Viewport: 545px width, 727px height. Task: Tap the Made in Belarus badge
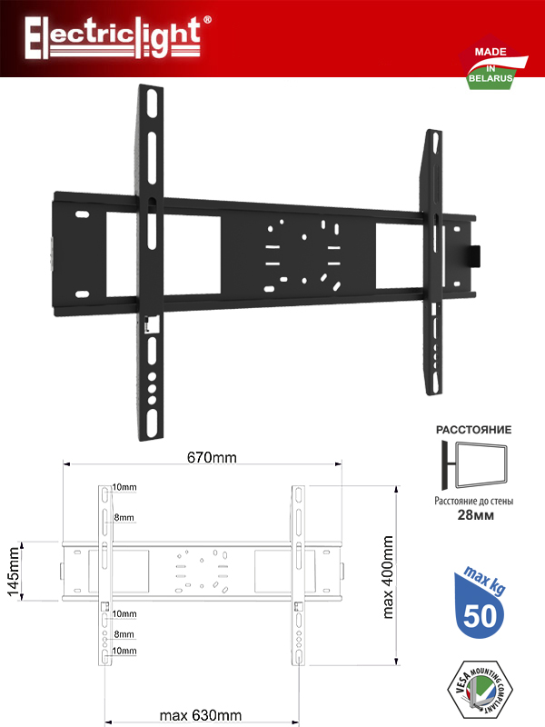coord(492,64)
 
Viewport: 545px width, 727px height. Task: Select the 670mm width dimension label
coord(212,458)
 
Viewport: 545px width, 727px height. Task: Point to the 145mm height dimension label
coord(14,572)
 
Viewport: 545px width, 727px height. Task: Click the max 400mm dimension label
coord(388,577)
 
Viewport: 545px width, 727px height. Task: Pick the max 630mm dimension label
coord(201,715)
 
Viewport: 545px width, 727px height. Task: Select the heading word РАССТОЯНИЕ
coord(473,430)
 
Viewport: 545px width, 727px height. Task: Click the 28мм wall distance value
coord(475,515)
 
